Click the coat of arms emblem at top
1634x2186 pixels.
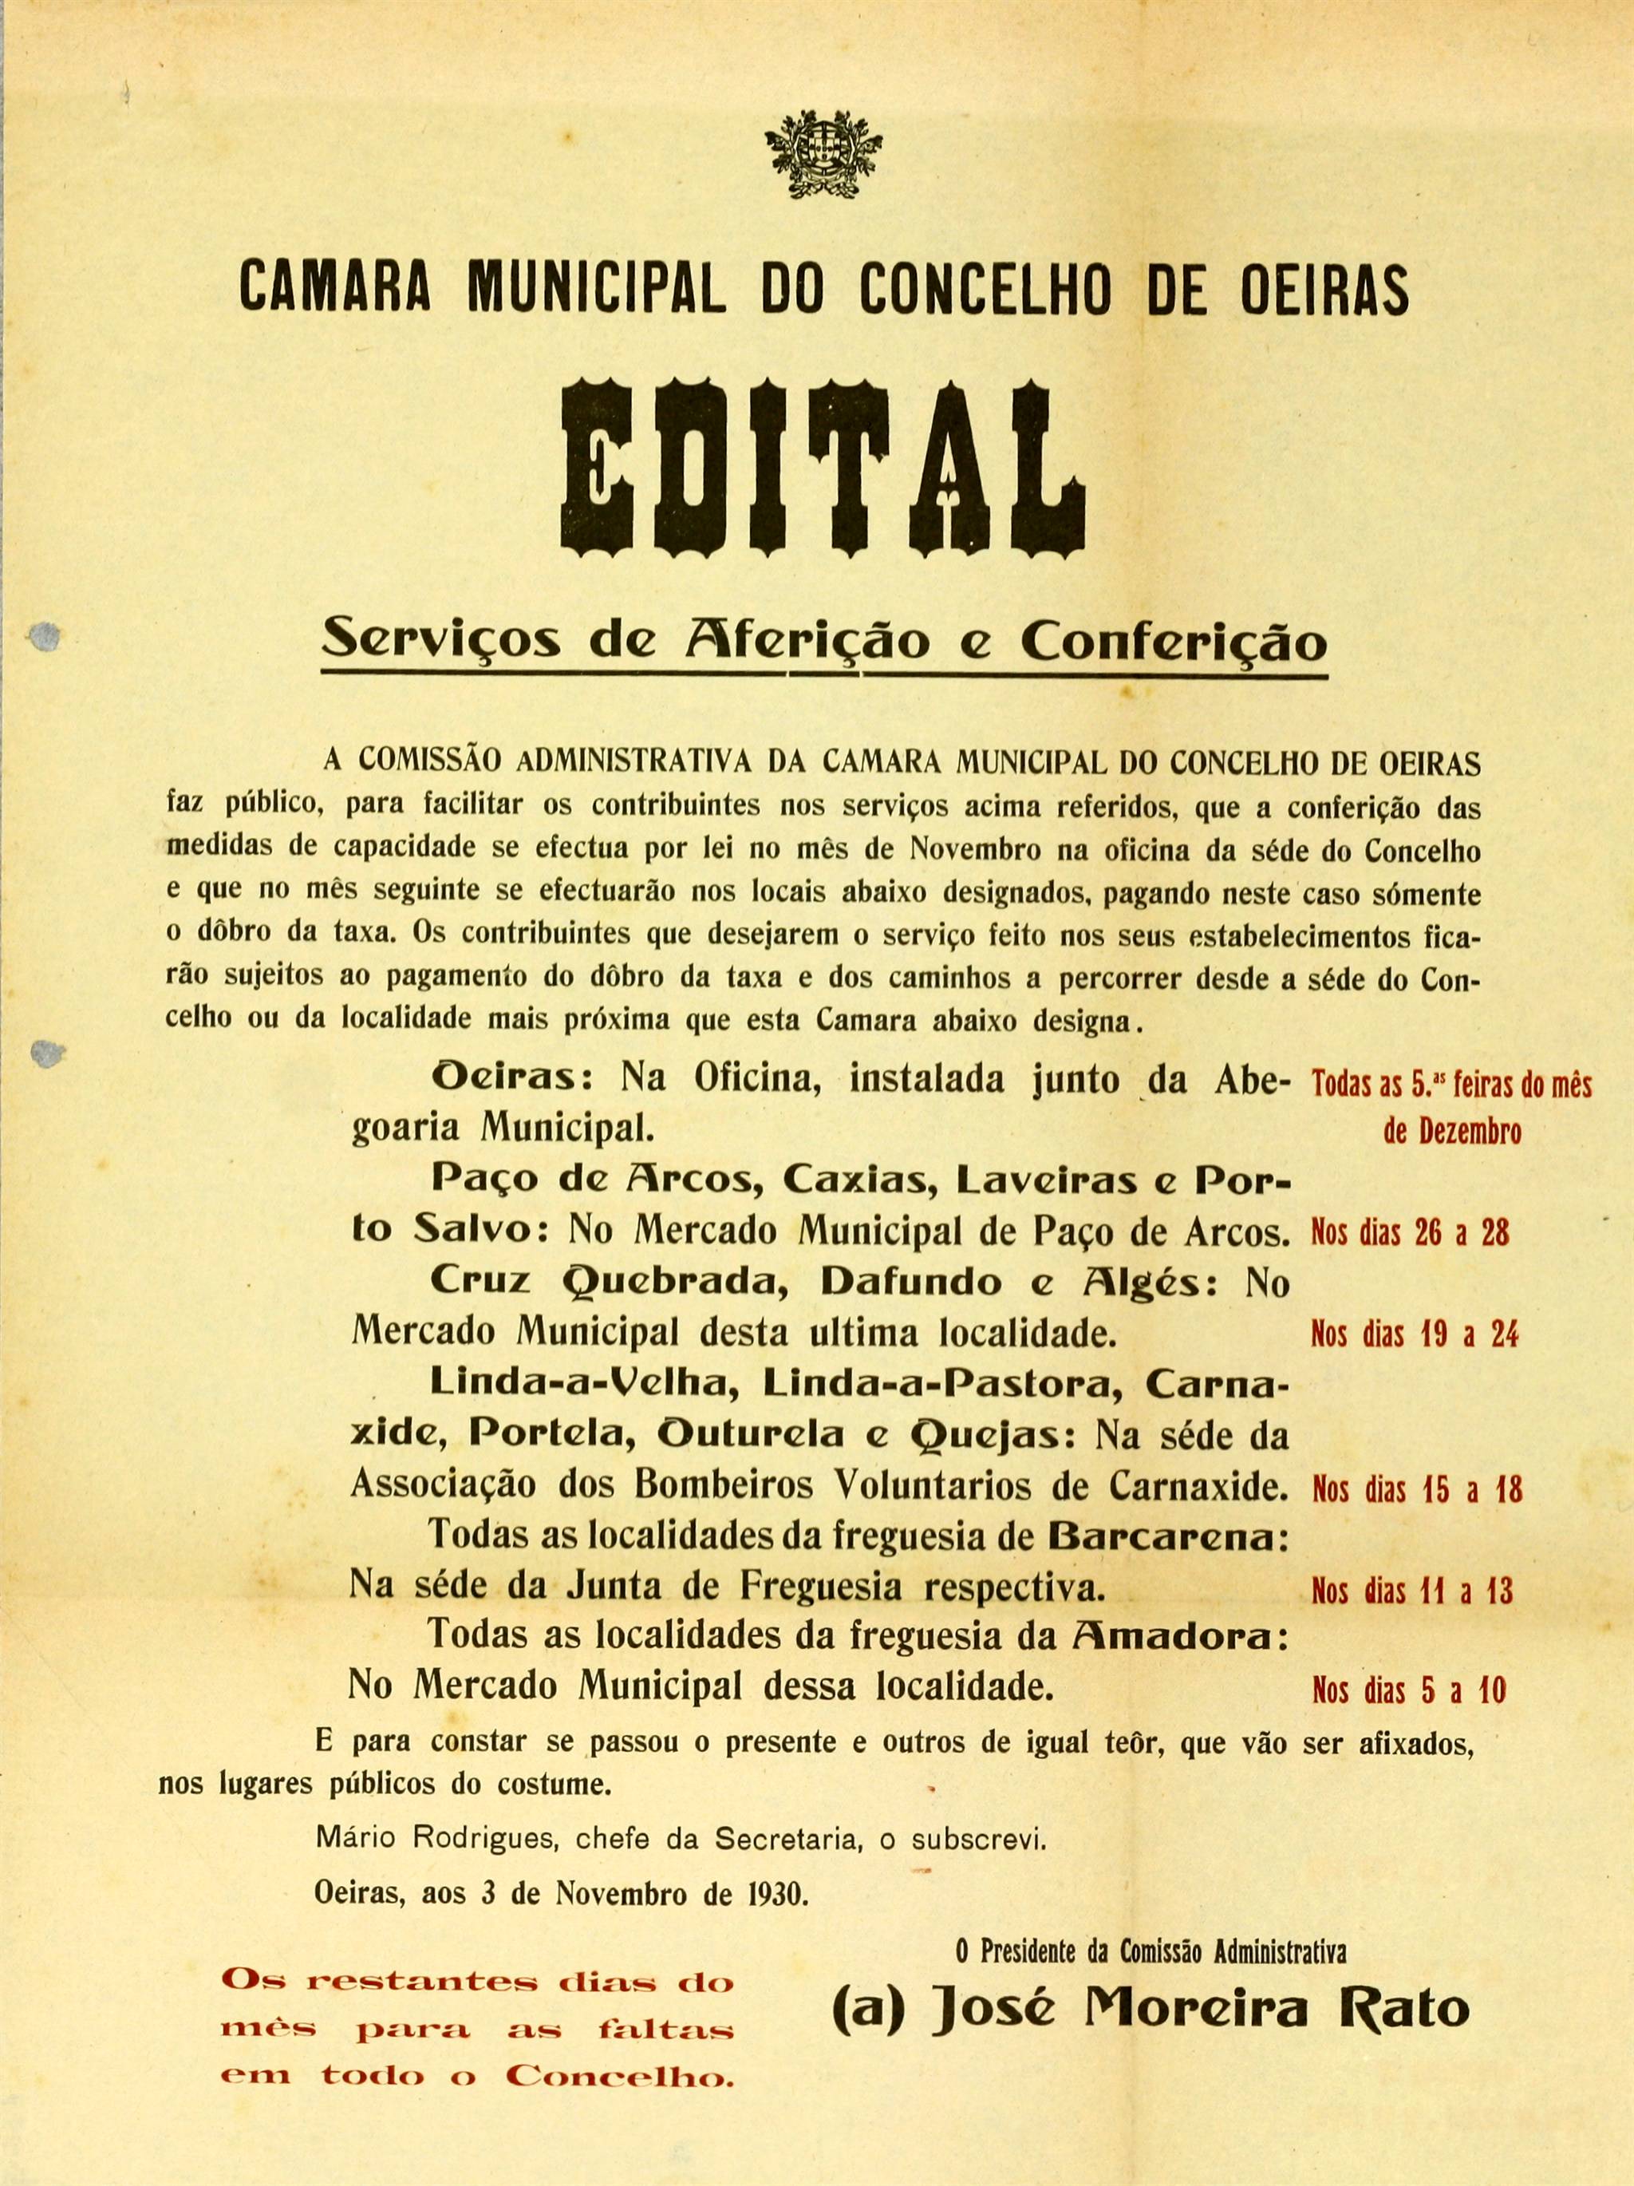821,148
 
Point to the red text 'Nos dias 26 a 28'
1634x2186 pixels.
1410,1233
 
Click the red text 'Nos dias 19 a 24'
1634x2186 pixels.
1414,1335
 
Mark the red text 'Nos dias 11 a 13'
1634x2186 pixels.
1411,1591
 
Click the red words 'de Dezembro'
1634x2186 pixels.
1452,1132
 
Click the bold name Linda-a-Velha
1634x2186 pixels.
586,1384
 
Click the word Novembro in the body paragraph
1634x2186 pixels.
974,849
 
